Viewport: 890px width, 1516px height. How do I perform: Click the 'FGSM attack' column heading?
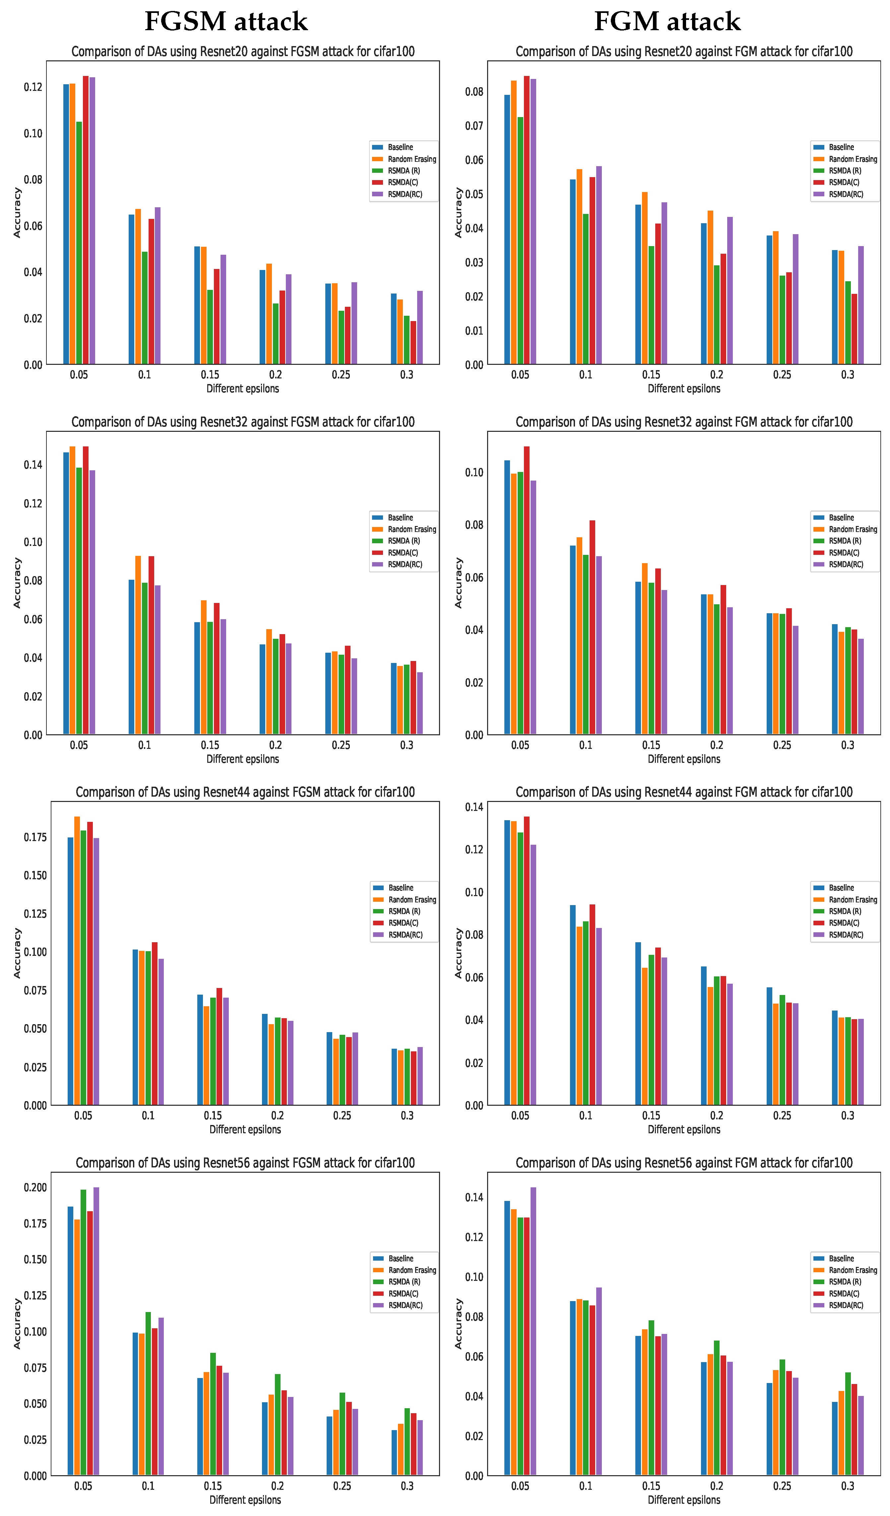(x=226, y=22)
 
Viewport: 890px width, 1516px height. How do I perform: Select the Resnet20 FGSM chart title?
(x=243, y=52)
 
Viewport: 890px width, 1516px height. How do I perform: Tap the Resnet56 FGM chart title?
(x=684, y=1163)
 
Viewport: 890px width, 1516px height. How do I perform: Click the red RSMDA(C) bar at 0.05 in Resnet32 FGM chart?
(x=527, y=590)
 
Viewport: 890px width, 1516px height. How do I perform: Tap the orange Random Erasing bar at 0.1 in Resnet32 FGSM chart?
(x=138, y=645)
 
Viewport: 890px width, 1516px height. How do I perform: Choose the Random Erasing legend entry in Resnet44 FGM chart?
(x=852, y=899)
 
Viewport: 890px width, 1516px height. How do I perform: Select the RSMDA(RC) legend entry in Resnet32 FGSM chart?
(x=405, y=564)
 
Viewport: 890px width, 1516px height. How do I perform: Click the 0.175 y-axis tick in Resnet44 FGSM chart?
(x=35, y=837)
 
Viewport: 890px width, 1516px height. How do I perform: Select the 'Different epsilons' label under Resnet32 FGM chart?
(x=684, y=759)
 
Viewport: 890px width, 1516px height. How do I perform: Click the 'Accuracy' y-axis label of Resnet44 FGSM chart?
(x=18, y=953)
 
